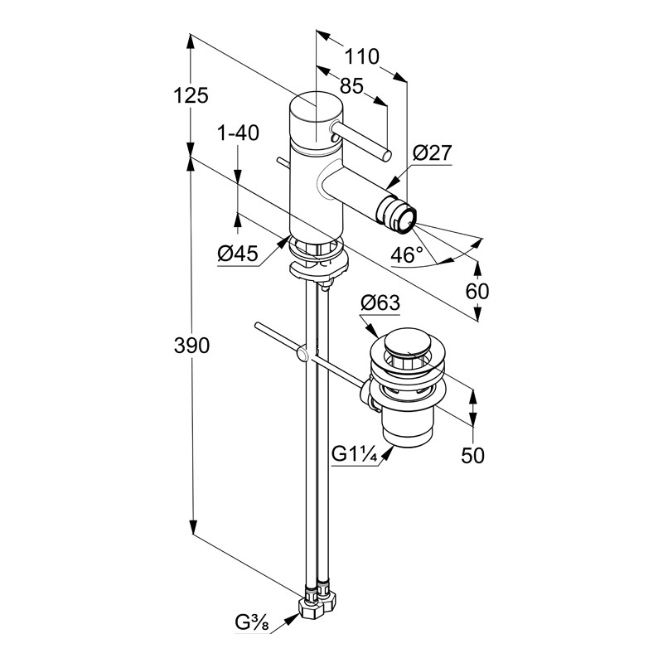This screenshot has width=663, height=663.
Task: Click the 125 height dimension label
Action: (x=191, y=96)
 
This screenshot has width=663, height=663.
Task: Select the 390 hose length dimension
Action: (x=191, y=346)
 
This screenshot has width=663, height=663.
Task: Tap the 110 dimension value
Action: (x=362, y=56)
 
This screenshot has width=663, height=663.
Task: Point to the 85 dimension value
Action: (x=351, y=86)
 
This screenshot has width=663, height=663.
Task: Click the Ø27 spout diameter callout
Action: (x=433, y=153)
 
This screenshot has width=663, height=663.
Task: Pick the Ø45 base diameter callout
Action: (x=238, y=254)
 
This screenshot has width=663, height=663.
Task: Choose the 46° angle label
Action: (x=407, y=255)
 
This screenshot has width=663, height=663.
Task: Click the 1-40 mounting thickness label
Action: (x=238, y=133)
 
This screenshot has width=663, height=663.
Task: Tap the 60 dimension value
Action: (x=477, y=291)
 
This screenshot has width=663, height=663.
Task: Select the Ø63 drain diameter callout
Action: (x=380, y=302)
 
